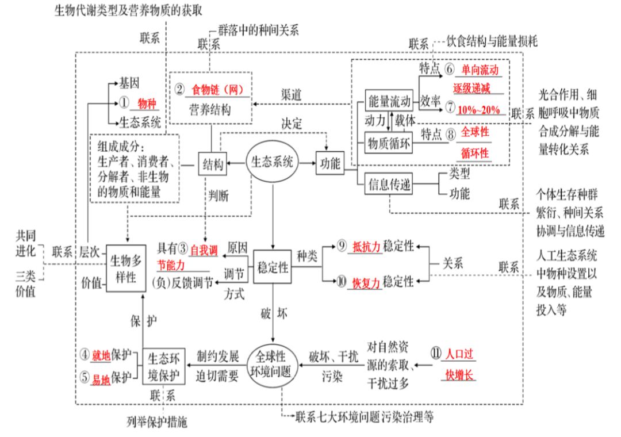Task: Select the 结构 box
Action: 212,164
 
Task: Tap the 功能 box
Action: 329,163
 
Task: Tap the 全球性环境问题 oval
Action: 273,362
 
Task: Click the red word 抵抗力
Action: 367,247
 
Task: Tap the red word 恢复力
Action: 367,282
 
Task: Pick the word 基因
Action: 129,83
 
